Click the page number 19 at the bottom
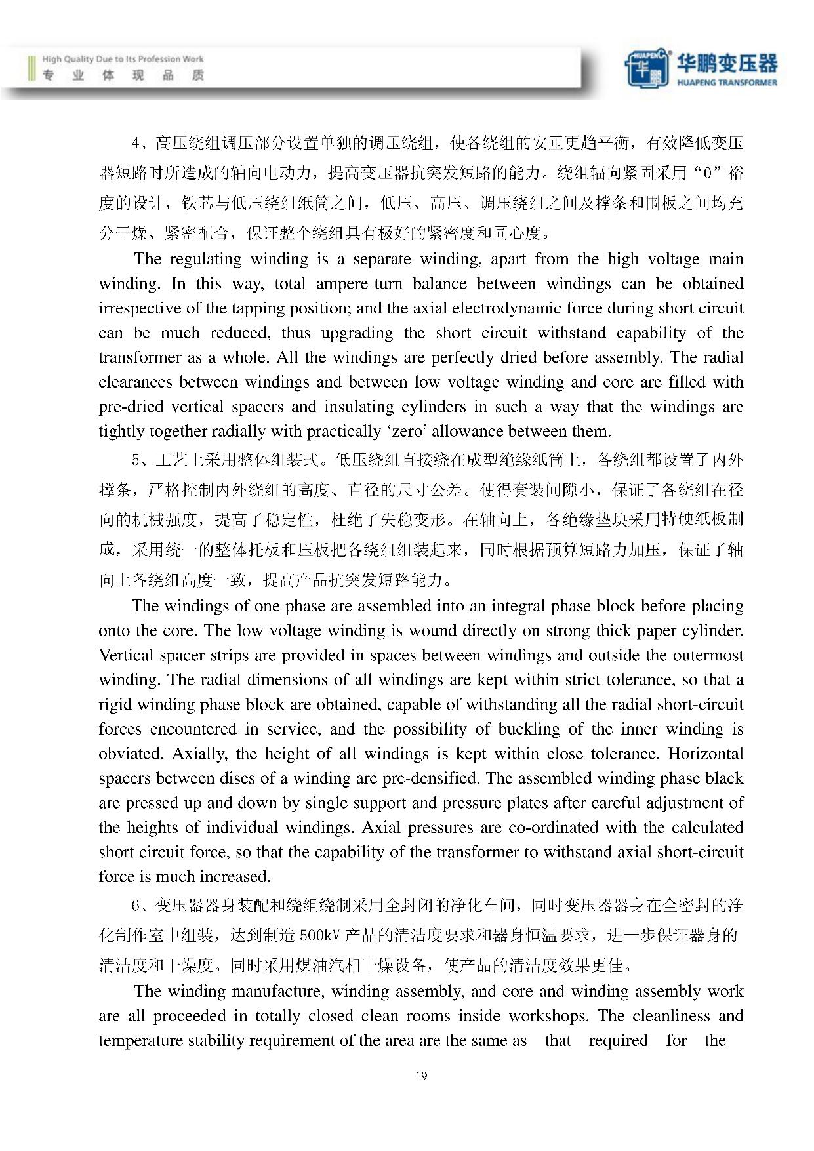pyautogui.click(x=421, y=1076)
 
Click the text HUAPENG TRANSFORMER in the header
pyautogui.click(x=726, y=83)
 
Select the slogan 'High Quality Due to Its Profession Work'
pyautogui.click(x=123, y=59)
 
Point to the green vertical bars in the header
pyautogui.click(x=31, y=68)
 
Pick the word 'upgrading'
pyautogui.click(x=357, y=333)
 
